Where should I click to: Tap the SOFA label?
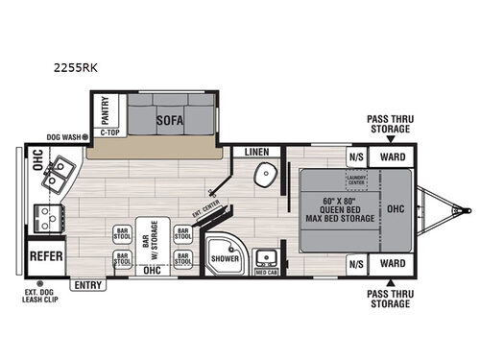[x=172, y=121]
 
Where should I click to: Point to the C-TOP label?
[x=109, y=133]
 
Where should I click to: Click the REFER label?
[x=46, y=256]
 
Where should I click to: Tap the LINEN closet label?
[x=256, y=152]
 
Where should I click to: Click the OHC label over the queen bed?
[x=395, y=207]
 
